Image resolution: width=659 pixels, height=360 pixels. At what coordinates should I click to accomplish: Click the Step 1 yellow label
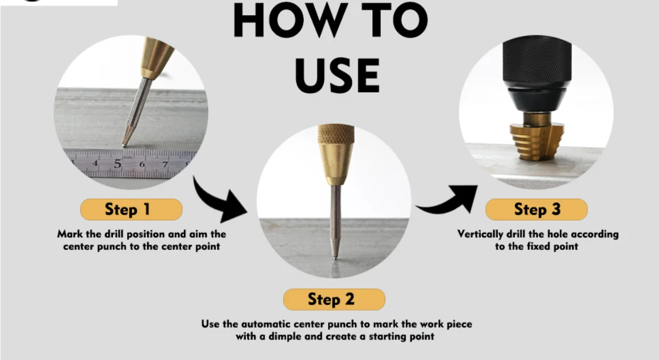point(131,210)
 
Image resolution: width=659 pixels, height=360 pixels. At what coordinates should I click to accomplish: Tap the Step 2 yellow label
point(334,299)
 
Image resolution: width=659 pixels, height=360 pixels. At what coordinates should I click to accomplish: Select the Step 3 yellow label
point(536,210)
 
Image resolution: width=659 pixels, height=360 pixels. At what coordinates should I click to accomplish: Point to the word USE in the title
point(338,76)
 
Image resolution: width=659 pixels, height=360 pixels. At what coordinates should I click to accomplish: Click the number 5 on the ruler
point(117,163)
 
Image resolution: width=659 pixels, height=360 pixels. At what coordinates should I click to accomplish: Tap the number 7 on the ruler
point(165,164)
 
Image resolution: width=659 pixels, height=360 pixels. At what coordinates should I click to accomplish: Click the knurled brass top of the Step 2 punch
point(335,134)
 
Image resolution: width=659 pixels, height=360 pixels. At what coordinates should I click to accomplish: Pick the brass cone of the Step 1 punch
point(157,57)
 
